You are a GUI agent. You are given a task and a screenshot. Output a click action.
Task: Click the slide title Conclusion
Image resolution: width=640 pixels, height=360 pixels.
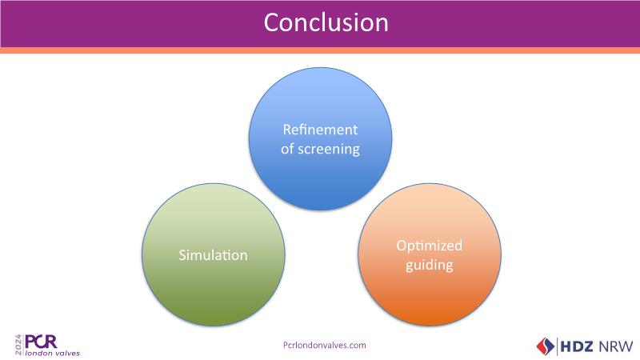(326, 22)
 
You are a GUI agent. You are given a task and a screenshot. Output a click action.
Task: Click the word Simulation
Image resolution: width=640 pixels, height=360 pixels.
(212, 256)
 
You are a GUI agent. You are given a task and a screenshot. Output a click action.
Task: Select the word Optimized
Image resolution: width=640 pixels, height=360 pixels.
(430, 246)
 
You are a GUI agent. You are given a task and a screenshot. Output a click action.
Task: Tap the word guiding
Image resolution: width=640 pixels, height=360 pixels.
(430, 265)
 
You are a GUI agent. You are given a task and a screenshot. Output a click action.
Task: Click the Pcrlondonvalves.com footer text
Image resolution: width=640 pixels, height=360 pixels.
(325, 345)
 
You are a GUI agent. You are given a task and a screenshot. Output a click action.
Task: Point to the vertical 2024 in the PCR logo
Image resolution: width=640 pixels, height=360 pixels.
(18, 344)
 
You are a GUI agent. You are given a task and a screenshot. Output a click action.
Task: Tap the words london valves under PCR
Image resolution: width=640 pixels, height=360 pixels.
(53, 352)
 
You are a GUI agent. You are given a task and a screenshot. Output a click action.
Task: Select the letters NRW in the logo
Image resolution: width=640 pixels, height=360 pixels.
(618, 346)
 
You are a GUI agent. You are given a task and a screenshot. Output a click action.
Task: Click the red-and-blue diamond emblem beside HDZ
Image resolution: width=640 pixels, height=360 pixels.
(546, 346)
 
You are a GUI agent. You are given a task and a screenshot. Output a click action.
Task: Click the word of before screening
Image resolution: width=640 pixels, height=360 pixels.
(289, 149)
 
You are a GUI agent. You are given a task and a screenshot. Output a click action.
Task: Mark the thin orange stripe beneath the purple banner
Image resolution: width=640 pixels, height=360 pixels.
(320, 50)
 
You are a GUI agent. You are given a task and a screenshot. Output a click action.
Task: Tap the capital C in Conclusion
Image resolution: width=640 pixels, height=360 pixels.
(272, 22)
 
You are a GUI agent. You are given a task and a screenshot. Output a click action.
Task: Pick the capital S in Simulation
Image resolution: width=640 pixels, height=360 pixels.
(181, 256)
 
